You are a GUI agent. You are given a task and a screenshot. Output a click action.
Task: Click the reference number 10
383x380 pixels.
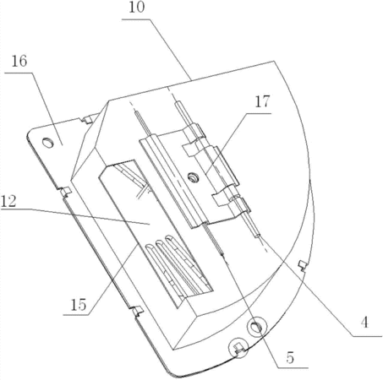tap(137, 8)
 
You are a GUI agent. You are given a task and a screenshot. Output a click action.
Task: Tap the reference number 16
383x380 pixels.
tap(19, 62)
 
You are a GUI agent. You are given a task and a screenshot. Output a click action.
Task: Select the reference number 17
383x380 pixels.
tap(262, 102)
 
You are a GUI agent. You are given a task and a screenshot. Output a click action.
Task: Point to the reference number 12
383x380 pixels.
tap(8, 201)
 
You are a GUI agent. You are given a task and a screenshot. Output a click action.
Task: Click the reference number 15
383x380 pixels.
tap(78, 305)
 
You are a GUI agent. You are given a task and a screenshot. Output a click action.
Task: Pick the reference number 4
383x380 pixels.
tap(364, 323)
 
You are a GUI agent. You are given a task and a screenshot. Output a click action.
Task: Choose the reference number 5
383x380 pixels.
tap(290, 358)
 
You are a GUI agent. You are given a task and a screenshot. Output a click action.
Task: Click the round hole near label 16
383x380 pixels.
tap(47, 143)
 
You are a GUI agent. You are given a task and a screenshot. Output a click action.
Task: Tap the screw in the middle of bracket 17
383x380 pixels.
tap(194, 177)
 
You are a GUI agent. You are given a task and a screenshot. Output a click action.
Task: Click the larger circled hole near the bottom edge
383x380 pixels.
tap(256, 327)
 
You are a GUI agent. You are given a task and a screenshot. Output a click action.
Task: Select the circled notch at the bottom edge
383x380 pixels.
tap(238, 348)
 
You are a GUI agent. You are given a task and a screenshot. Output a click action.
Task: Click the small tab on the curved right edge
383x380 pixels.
tap(303, 265)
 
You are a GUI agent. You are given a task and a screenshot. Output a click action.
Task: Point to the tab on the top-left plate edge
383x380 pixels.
tap(87, 119)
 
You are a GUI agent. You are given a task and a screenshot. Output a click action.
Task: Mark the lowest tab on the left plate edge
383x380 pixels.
tap(137, 311)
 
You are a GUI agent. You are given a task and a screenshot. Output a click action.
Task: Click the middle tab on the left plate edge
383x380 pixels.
tap(66, 192)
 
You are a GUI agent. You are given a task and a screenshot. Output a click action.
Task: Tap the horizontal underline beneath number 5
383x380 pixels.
tap(293, 367)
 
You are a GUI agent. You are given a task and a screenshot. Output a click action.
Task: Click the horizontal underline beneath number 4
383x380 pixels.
tap(367, 336)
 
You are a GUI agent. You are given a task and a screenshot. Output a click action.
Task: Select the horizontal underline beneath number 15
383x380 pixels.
tap(76, 315)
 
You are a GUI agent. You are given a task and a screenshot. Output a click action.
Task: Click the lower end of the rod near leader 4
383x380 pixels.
tap(258, 236)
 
